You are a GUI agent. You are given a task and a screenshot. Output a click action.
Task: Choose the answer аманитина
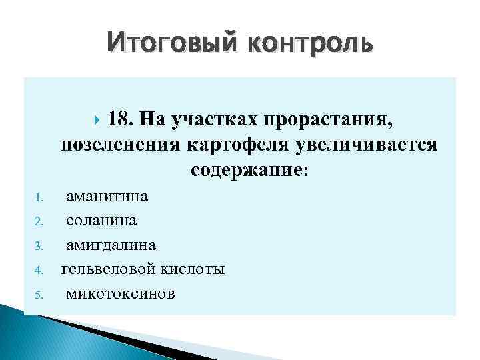[x=107, y=197]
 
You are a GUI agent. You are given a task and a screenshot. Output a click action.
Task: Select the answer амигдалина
[x=111, y=245]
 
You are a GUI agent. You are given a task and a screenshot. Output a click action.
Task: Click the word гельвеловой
[x=106, y=269]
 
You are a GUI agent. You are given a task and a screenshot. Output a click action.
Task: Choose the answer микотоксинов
[x=120, y=293]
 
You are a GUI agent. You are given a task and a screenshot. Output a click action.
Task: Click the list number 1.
[x=39, y=198]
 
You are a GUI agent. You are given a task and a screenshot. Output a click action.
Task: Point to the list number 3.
[x=39, y=246]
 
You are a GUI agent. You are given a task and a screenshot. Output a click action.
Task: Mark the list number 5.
[x=39, y=294]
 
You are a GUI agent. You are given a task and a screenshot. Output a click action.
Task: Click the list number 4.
[x=39, y=270]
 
